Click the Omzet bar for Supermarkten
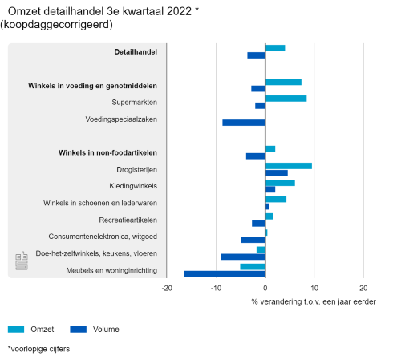tap(286, 99)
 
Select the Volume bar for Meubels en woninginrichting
tap(225, 274)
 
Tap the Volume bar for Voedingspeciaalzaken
tap(244, 123)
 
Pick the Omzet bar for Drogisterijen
tap(289, 166)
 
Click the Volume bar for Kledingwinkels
tap(270, 189)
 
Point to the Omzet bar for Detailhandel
tap(275, 48)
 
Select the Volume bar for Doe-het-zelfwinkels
tap(243, 257)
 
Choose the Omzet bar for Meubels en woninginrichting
tap(253, 267)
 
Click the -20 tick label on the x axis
tap(167, 288)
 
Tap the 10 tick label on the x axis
tap(314, 288)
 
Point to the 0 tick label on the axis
tap(265, 288)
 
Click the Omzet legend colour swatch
tap(16, 330)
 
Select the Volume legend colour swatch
tap(79, 330)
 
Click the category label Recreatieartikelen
tap(128, 220)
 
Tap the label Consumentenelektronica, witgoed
tap(103, 237)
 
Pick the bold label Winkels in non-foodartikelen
tap(107, 152)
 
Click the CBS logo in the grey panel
tap(22, 261)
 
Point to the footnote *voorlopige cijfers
tap(38, 349)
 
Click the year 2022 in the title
tap(179, 11)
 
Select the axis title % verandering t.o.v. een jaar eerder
tap(314, 302)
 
